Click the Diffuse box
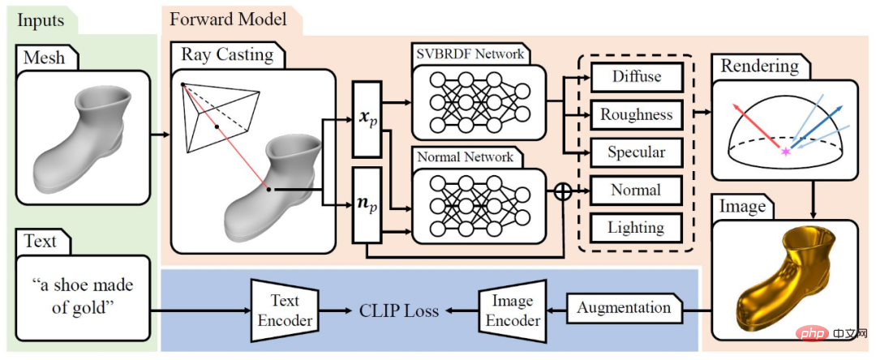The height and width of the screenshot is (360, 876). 637,76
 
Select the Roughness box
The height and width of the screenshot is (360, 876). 637,114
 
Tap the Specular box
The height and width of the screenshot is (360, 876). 637,152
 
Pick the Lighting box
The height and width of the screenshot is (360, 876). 637,229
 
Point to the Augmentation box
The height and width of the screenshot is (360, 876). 624,308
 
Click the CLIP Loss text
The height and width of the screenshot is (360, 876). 398,311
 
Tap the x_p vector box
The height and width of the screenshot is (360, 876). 367,119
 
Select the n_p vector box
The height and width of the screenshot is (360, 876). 367,205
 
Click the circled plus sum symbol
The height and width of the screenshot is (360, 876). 563,191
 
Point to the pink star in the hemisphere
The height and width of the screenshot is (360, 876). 787,152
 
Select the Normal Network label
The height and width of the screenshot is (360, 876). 465,157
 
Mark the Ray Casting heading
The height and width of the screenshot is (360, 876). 227,55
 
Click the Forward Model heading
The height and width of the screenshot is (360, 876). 229,20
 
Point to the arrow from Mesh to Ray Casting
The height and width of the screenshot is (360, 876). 161,135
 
